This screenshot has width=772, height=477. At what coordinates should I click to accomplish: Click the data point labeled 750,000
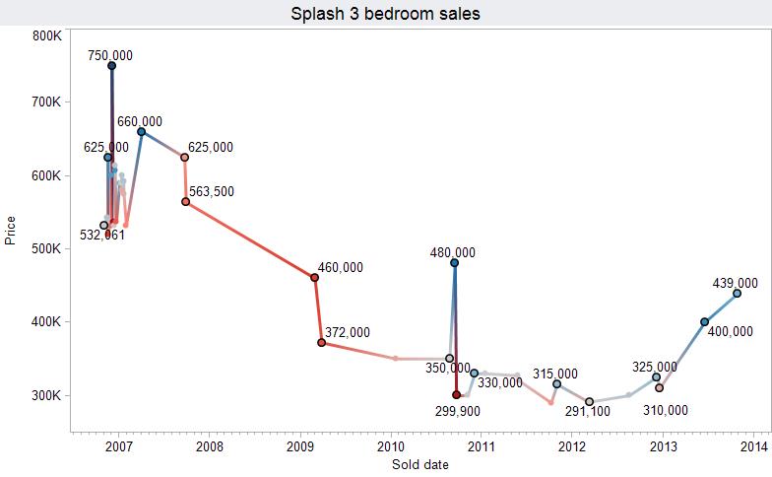click(112, 66)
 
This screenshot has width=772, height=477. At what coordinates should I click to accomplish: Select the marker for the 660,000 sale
click(141, 131)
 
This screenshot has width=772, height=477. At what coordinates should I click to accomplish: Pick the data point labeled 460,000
click(314, 278)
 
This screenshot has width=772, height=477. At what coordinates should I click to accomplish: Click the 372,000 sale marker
click(322, 343)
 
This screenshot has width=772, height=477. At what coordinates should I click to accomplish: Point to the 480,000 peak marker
click(454, 263)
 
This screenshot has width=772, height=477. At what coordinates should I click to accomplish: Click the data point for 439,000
click(737, 293)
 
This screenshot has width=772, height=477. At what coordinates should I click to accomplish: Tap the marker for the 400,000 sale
click(704, 321)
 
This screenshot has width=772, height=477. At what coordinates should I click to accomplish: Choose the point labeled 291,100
click(589, 402)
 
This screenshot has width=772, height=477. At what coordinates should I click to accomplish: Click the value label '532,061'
click(102, 236)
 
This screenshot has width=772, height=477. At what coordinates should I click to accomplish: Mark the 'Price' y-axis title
click(11, 232)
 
